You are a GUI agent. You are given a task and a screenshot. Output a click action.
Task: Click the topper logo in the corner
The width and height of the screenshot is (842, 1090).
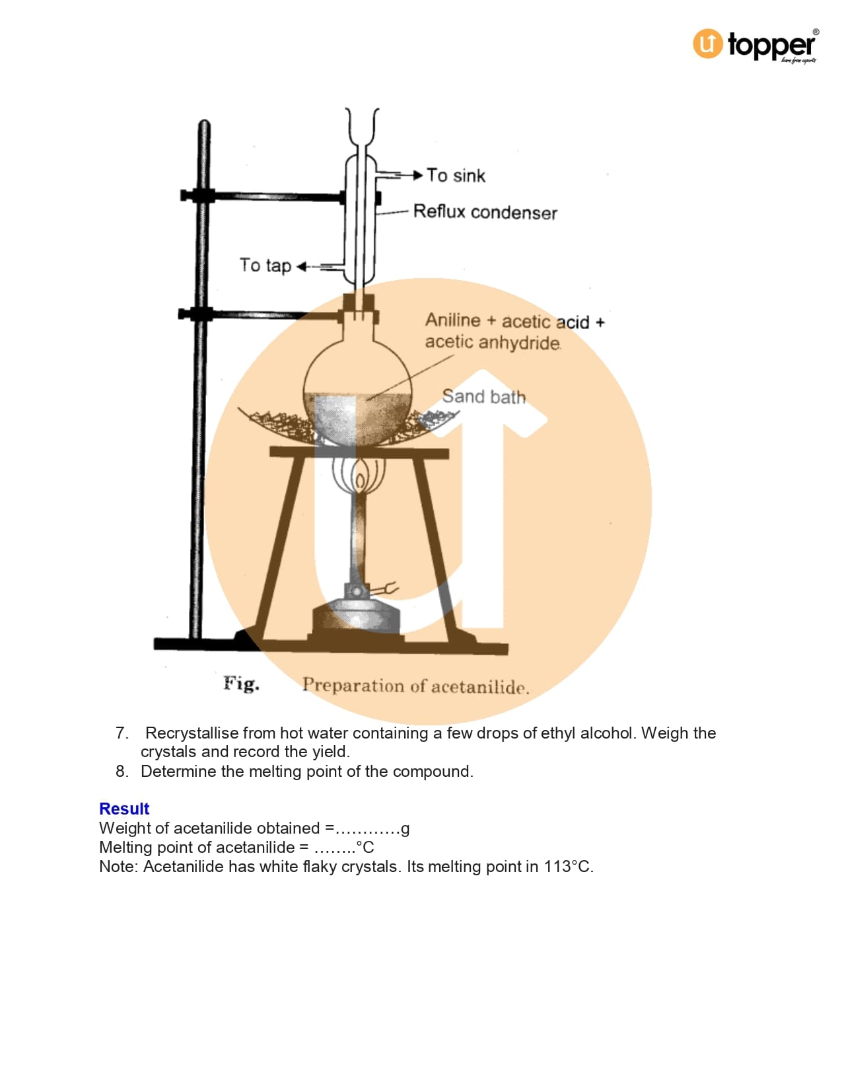(755, 45)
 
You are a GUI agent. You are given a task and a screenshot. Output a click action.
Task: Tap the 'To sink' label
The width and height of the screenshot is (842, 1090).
(456, 176)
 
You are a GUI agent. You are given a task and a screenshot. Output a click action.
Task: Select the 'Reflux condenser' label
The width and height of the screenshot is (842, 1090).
(485, 212)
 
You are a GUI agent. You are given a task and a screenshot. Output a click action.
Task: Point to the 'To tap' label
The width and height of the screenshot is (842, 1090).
(265, 266)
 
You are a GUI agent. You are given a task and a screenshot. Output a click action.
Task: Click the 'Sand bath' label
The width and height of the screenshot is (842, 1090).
(484, 396)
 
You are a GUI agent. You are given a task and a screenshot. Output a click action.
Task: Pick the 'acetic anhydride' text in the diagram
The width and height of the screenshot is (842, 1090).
(493, 343)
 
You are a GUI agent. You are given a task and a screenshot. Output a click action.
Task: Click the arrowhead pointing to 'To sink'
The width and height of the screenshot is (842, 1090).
(418, 175)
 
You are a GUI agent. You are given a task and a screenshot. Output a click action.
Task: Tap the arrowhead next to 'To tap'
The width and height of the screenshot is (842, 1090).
(302, 266)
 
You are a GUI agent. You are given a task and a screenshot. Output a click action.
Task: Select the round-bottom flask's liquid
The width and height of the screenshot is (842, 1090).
(357, 419)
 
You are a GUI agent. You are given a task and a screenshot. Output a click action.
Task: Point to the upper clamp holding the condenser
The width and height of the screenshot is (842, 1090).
(263, 196)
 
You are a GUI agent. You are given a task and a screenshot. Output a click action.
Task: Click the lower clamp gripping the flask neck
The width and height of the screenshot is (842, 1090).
(261, 315)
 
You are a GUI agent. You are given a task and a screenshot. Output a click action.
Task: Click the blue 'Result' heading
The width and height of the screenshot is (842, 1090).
(124, 809)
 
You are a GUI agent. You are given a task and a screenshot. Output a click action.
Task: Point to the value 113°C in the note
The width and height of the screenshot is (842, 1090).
(568, 866)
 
